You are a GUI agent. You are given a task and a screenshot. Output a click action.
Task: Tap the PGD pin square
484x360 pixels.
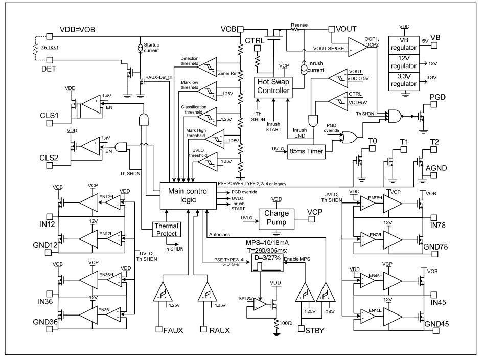point(433,104)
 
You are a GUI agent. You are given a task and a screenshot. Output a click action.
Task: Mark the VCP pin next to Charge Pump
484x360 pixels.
point(311,218)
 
